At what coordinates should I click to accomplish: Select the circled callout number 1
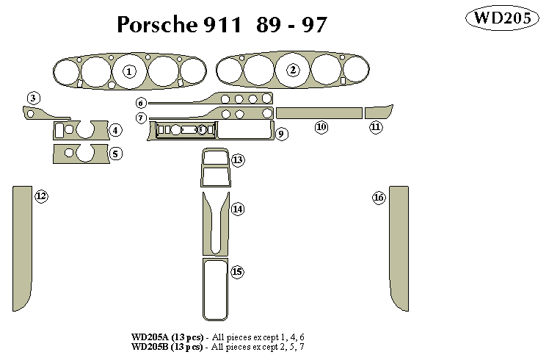(x=129, y=71)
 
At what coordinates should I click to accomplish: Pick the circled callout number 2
(x=294, y=71)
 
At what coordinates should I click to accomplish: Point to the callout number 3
(x=34, y=98)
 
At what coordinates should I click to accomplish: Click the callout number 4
(x=115, y=131)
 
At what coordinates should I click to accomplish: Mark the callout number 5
(x=115, y=154)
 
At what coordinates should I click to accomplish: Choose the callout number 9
(x=281, y=134)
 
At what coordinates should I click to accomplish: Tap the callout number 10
(x=321, y=127)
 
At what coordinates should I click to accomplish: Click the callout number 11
(x=376, y=127)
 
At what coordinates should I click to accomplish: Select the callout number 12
(x=41, y=195)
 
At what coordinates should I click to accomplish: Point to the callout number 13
(x=238, y=159)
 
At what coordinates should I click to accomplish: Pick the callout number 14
(x=238, y=209)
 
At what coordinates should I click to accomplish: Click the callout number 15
(x=237, y=272)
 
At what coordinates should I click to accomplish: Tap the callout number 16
(x=379, y=198)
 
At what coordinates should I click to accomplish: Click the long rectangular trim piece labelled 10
(x=319, y=112)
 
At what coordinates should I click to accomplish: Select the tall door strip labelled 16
(x=399, y=246)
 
